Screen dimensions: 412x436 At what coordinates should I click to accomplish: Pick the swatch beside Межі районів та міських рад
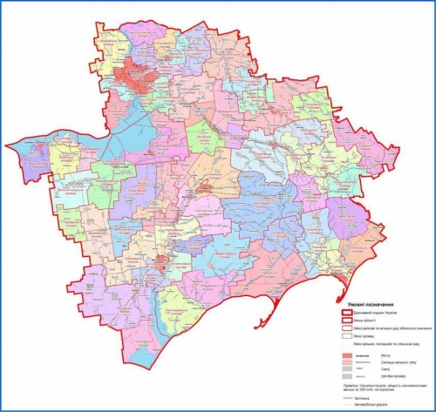tap(346, 329)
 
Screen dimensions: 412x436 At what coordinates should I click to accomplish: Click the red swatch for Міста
tap(346, 355)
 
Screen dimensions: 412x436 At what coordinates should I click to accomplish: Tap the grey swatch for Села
tap(346, 369)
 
